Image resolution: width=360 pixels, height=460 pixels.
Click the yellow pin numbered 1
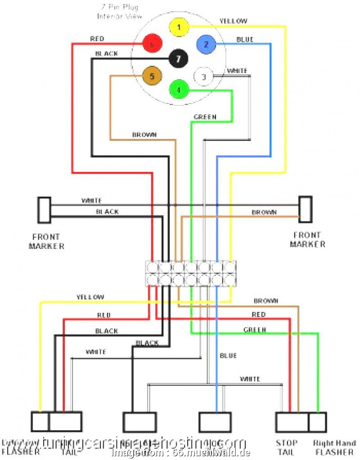point(179,27)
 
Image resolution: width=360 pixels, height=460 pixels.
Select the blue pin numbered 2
point(206,45)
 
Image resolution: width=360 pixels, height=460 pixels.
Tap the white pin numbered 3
point(203,77)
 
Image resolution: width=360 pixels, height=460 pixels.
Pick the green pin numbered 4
point(178,90)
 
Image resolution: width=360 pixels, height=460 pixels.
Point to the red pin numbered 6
point(152,45)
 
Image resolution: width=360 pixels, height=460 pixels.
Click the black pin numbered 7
point(178,58)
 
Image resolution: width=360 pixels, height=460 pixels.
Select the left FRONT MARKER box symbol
point(44,210)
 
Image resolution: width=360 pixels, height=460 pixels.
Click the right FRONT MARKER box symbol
point(305,209)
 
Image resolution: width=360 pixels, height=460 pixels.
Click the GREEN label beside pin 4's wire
point(205,117)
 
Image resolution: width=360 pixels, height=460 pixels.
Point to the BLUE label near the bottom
point(228,355)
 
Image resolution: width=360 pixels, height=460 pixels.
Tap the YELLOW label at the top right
point(233,21)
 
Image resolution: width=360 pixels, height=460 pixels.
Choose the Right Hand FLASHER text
point(335,447)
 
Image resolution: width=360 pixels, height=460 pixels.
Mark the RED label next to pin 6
point(97,39)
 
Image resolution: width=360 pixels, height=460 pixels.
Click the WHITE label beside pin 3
point(237,71)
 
